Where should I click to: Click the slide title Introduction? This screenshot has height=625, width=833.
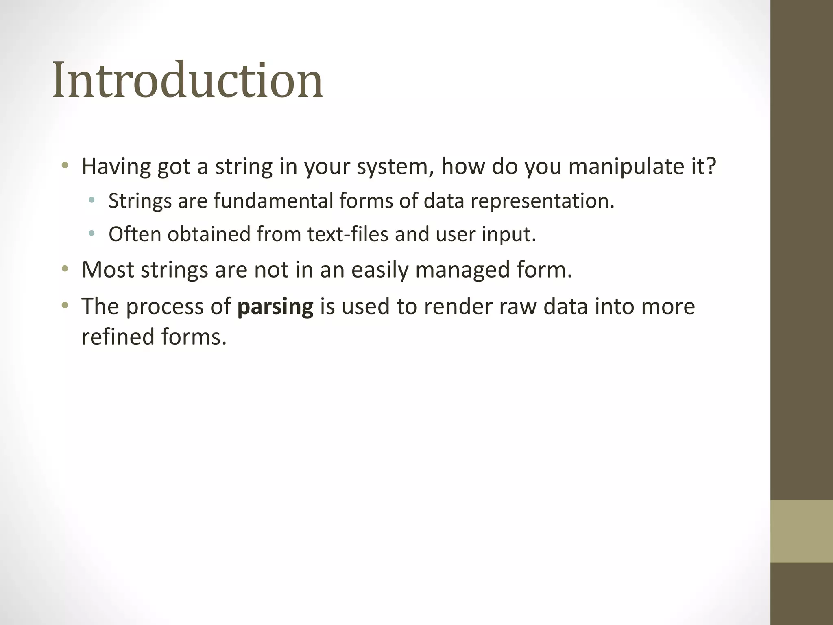188,81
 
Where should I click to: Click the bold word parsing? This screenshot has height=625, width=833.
275,306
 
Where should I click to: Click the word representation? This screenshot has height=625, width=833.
542,201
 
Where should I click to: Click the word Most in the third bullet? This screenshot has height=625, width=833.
107,269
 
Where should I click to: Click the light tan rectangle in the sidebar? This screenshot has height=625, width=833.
801,531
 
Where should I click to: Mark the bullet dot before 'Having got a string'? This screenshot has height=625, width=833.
65,166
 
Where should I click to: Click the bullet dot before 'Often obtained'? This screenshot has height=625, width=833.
92,234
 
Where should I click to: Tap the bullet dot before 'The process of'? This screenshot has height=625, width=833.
65,306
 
